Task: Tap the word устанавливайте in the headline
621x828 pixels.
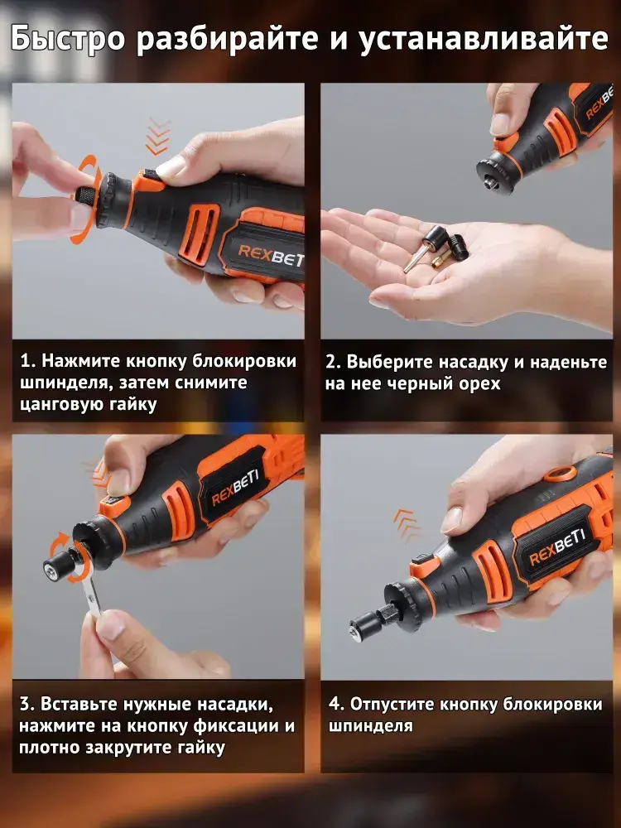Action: click(x=484, y=39)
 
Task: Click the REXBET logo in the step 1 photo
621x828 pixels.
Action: click(x=271, y=254)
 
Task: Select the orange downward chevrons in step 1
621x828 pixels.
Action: click(x=158, y=137)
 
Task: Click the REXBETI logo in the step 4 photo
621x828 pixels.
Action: click(x=556, y=546)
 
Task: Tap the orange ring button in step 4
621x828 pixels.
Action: click(x=560, y=474)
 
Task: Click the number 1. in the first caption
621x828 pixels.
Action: click(x=27, y=361)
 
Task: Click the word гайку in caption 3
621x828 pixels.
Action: click(x=200, y=748)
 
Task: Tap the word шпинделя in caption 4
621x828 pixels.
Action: click(x=370, y=725)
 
